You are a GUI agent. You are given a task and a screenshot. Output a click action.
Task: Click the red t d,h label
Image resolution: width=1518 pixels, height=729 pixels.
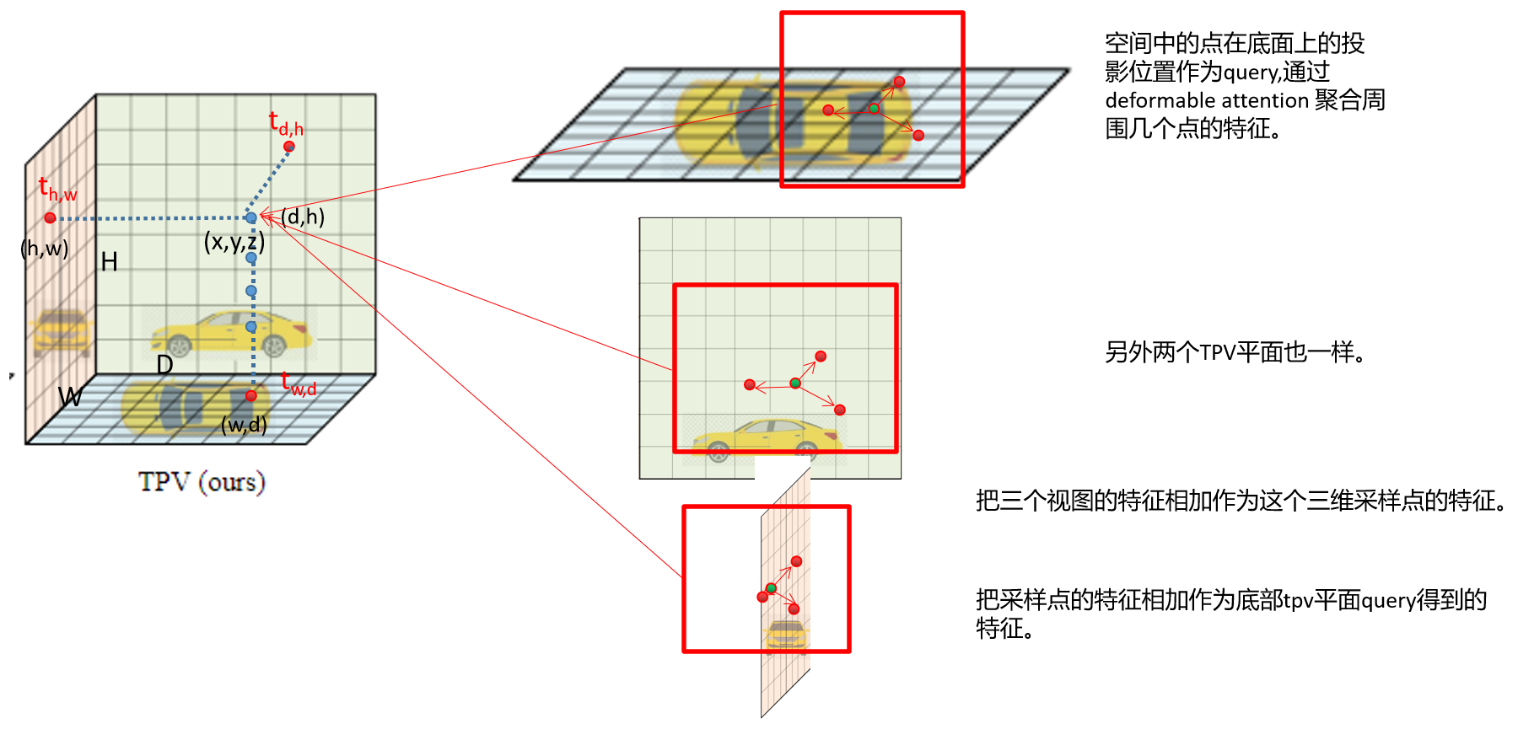click(286, 124)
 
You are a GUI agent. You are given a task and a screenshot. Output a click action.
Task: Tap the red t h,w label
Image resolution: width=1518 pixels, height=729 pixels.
click(57, 190)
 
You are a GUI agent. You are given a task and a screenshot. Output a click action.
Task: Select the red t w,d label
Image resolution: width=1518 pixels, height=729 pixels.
click(299, 384)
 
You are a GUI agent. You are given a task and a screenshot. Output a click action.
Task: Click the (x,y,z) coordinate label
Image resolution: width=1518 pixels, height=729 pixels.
click(234, 243)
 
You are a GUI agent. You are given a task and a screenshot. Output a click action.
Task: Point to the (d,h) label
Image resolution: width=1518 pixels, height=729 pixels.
click(303, 217)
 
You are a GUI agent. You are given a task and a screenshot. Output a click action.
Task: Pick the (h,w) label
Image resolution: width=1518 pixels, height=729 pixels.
click(45, 249)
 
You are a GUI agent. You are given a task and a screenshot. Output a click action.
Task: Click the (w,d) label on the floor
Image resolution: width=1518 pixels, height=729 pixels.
click(244, 425)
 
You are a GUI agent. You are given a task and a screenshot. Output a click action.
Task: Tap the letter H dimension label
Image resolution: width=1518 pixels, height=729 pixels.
click(109, 262)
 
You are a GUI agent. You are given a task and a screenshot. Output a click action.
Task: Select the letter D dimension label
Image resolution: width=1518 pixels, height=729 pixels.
click(164, 365)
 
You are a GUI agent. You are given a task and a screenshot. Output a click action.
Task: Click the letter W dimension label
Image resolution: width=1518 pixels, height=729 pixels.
click(70, 396)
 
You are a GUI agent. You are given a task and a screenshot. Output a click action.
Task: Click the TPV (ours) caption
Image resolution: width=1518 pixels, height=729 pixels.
click(202, 482)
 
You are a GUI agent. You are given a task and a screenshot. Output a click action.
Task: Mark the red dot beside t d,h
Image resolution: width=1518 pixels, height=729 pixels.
click(289, 147)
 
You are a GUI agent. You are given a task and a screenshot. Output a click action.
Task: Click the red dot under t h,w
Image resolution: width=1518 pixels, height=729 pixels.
click(50, 218)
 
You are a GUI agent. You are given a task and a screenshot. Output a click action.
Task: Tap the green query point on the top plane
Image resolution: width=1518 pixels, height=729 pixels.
click(874, 109)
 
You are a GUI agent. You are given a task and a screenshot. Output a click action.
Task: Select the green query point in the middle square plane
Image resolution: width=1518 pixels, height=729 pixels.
click(794, 383)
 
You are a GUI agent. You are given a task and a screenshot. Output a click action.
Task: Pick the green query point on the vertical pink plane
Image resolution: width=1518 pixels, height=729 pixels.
click(771, 588)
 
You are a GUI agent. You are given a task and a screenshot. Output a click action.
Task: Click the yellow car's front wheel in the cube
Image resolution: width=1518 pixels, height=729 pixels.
click(180, 346)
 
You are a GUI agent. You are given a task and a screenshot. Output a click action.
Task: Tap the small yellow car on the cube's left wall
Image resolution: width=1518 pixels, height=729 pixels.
click(61, 331)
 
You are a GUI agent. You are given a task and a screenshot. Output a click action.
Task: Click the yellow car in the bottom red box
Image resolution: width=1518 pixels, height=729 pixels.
click(786, 635)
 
